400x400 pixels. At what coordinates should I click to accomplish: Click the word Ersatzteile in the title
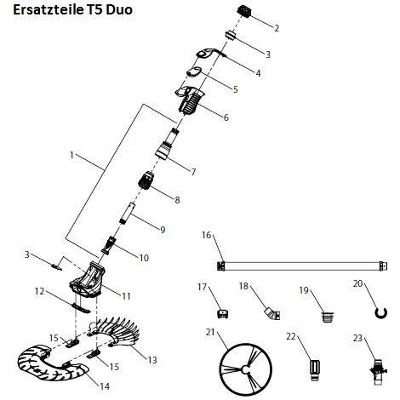tap(49, 9)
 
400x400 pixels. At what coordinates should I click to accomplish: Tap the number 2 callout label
tap(277, 28)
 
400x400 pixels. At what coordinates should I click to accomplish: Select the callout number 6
tap(226, 117)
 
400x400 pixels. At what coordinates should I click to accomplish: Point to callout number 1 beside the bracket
tap(71, 155)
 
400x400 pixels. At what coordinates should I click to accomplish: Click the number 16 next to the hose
tap(207, 235)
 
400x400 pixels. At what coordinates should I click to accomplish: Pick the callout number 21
tap(210, 332)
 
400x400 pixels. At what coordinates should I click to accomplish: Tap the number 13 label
tap(152, 360)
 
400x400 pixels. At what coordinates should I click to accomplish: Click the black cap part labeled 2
tap(244, 11)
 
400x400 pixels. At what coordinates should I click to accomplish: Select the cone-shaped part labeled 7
tap(164, 150)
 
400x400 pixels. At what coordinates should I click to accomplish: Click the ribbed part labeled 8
tap(146, 180)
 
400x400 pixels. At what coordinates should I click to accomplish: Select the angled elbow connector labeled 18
tap(272, 314)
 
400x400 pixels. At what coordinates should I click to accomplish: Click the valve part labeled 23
tap(378, 372)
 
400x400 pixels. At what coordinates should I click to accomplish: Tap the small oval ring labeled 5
tap(194, 72)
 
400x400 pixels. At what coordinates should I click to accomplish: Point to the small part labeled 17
tap(222, 314)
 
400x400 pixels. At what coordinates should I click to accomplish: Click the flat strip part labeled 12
tap(81, 308)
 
